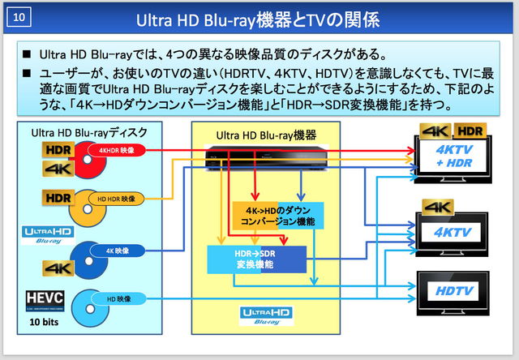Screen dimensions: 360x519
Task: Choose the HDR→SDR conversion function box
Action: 253,259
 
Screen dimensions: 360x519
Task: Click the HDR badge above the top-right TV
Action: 471,130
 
